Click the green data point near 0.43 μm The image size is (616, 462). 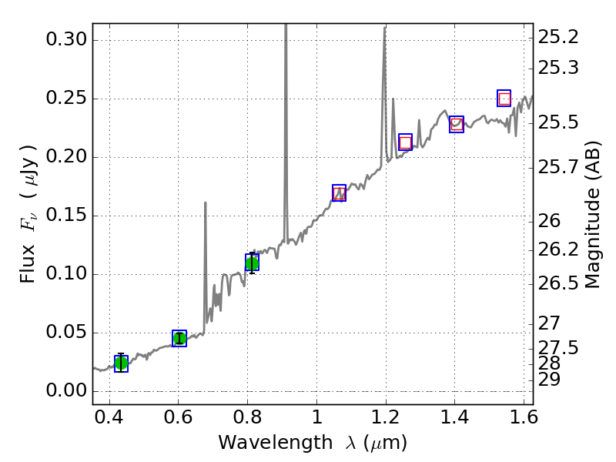[121, 363]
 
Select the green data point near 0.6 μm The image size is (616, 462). [179, 338]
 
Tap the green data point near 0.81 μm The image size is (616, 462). [252, 263]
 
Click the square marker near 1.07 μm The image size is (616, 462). [339, 192]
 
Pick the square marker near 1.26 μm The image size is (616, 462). [405, 142]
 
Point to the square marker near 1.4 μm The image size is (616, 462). [457, 124]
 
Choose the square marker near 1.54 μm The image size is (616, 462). [504, 98]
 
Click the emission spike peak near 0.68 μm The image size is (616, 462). [206, 203]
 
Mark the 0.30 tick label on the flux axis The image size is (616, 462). [67, 40]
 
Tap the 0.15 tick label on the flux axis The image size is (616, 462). [67, 216]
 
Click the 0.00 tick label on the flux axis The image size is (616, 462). [67, 391]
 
